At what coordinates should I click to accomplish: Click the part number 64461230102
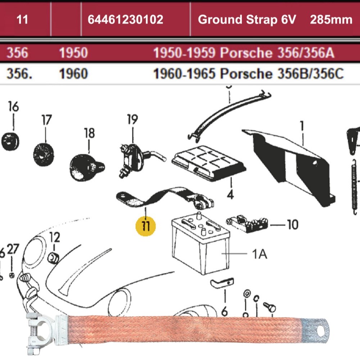(125, 19)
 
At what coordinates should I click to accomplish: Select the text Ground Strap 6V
(247, 19)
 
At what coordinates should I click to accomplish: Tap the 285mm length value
(331, 19)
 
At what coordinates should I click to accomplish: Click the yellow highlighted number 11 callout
(146, 226)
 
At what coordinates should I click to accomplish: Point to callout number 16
(13, 107)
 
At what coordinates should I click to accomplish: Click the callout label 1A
(259, 255)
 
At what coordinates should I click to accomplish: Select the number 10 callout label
(292, 225)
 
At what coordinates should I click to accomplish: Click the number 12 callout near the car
(54, 238)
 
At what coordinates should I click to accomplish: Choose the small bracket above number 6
(222, 283)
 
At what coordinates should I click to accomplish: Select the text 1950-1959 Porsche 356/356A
(244, 53)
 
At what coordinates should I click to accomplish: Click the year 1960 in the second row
(73, 74)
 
